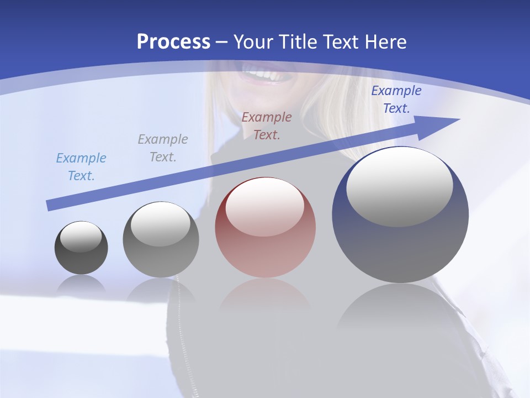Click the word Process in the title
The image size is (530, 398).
coord(173,42)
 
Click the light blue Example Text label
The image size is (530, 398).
coord(81,167)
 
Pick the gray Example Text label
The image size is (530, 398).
coord(163,148)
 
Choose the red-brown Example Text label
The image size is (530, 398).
coord(267,126)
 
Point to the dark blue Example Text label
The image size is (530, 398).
coord(396,99)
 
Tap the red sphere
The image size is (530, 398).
coord(265,249)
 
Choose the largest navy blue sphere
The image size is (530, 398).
coord(400,243)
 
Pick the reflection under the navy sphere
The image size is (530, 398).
coord(400,310)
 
